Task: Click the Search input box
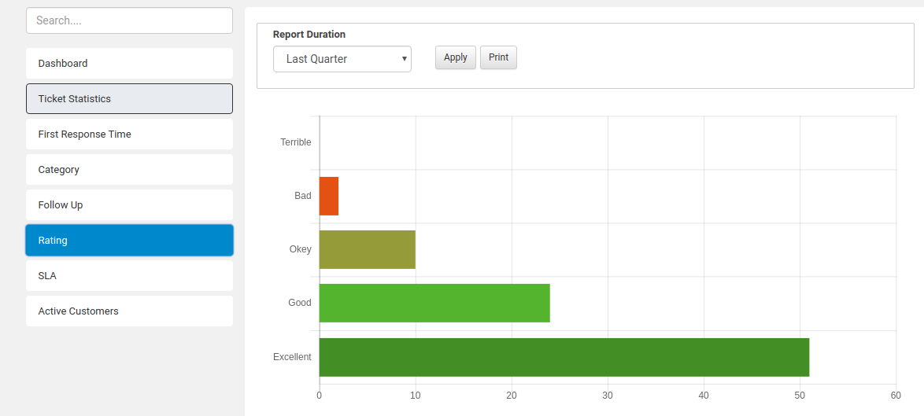pos(129,20)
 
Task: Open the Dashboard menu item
pos(129,64)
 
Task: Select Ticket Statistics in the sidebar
pos(129,99)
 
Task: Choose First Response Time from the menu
pos(129,134)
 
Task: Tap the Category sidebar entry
pos(129,170)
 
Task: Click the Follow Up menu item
pos(129,205)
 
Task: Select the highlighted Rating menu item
pos(129,241)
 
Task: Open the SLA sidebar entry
pos(129,276)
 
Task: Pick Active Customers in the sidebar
pos(129,311)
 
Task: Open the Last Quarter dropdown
pos(342,59)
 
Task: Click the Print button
pos(498,57)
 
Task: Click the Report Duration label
pos(309,35)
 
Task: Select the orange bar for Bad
pos(329,197)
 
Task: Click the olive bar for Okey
pos(367,250)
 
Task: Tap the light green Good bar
pos(434,304)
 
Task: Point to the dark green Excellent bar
pos(564,357)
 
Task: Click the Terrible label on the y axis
pos(296,142)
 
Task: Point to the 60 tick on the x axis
pos(896,396)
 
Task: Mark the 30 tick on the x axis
pos(608,396)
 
